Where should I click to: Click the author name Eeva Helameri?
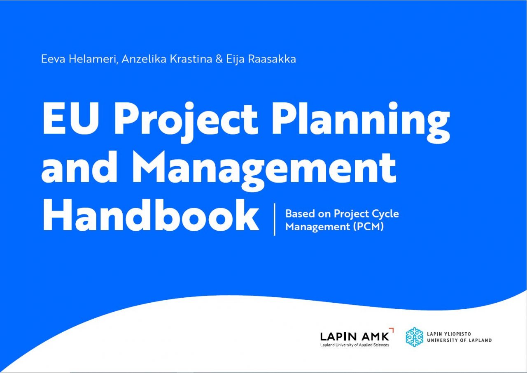tap(79, 59)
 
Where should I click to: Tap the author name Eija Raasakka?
tap(261, 59)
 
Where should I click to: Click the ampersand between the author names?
tap(219, 59)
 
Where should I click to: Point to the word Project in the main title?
tap(186, 122)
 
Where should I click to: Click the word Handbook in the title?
tap(150, 215)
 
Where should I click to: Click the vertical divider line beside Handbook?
tap(275, 220)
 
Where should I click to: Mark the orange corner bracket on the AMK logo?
tap(391, 330)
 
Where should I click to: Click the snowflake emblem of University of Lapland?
tap(415, 337)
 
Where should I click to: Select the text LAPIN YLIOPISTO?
tap(449, 334)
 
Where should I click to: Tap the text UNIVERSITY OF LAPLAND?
tap(459, 340)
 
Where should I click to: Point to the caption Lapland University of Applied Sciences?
tap(354, 345)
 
